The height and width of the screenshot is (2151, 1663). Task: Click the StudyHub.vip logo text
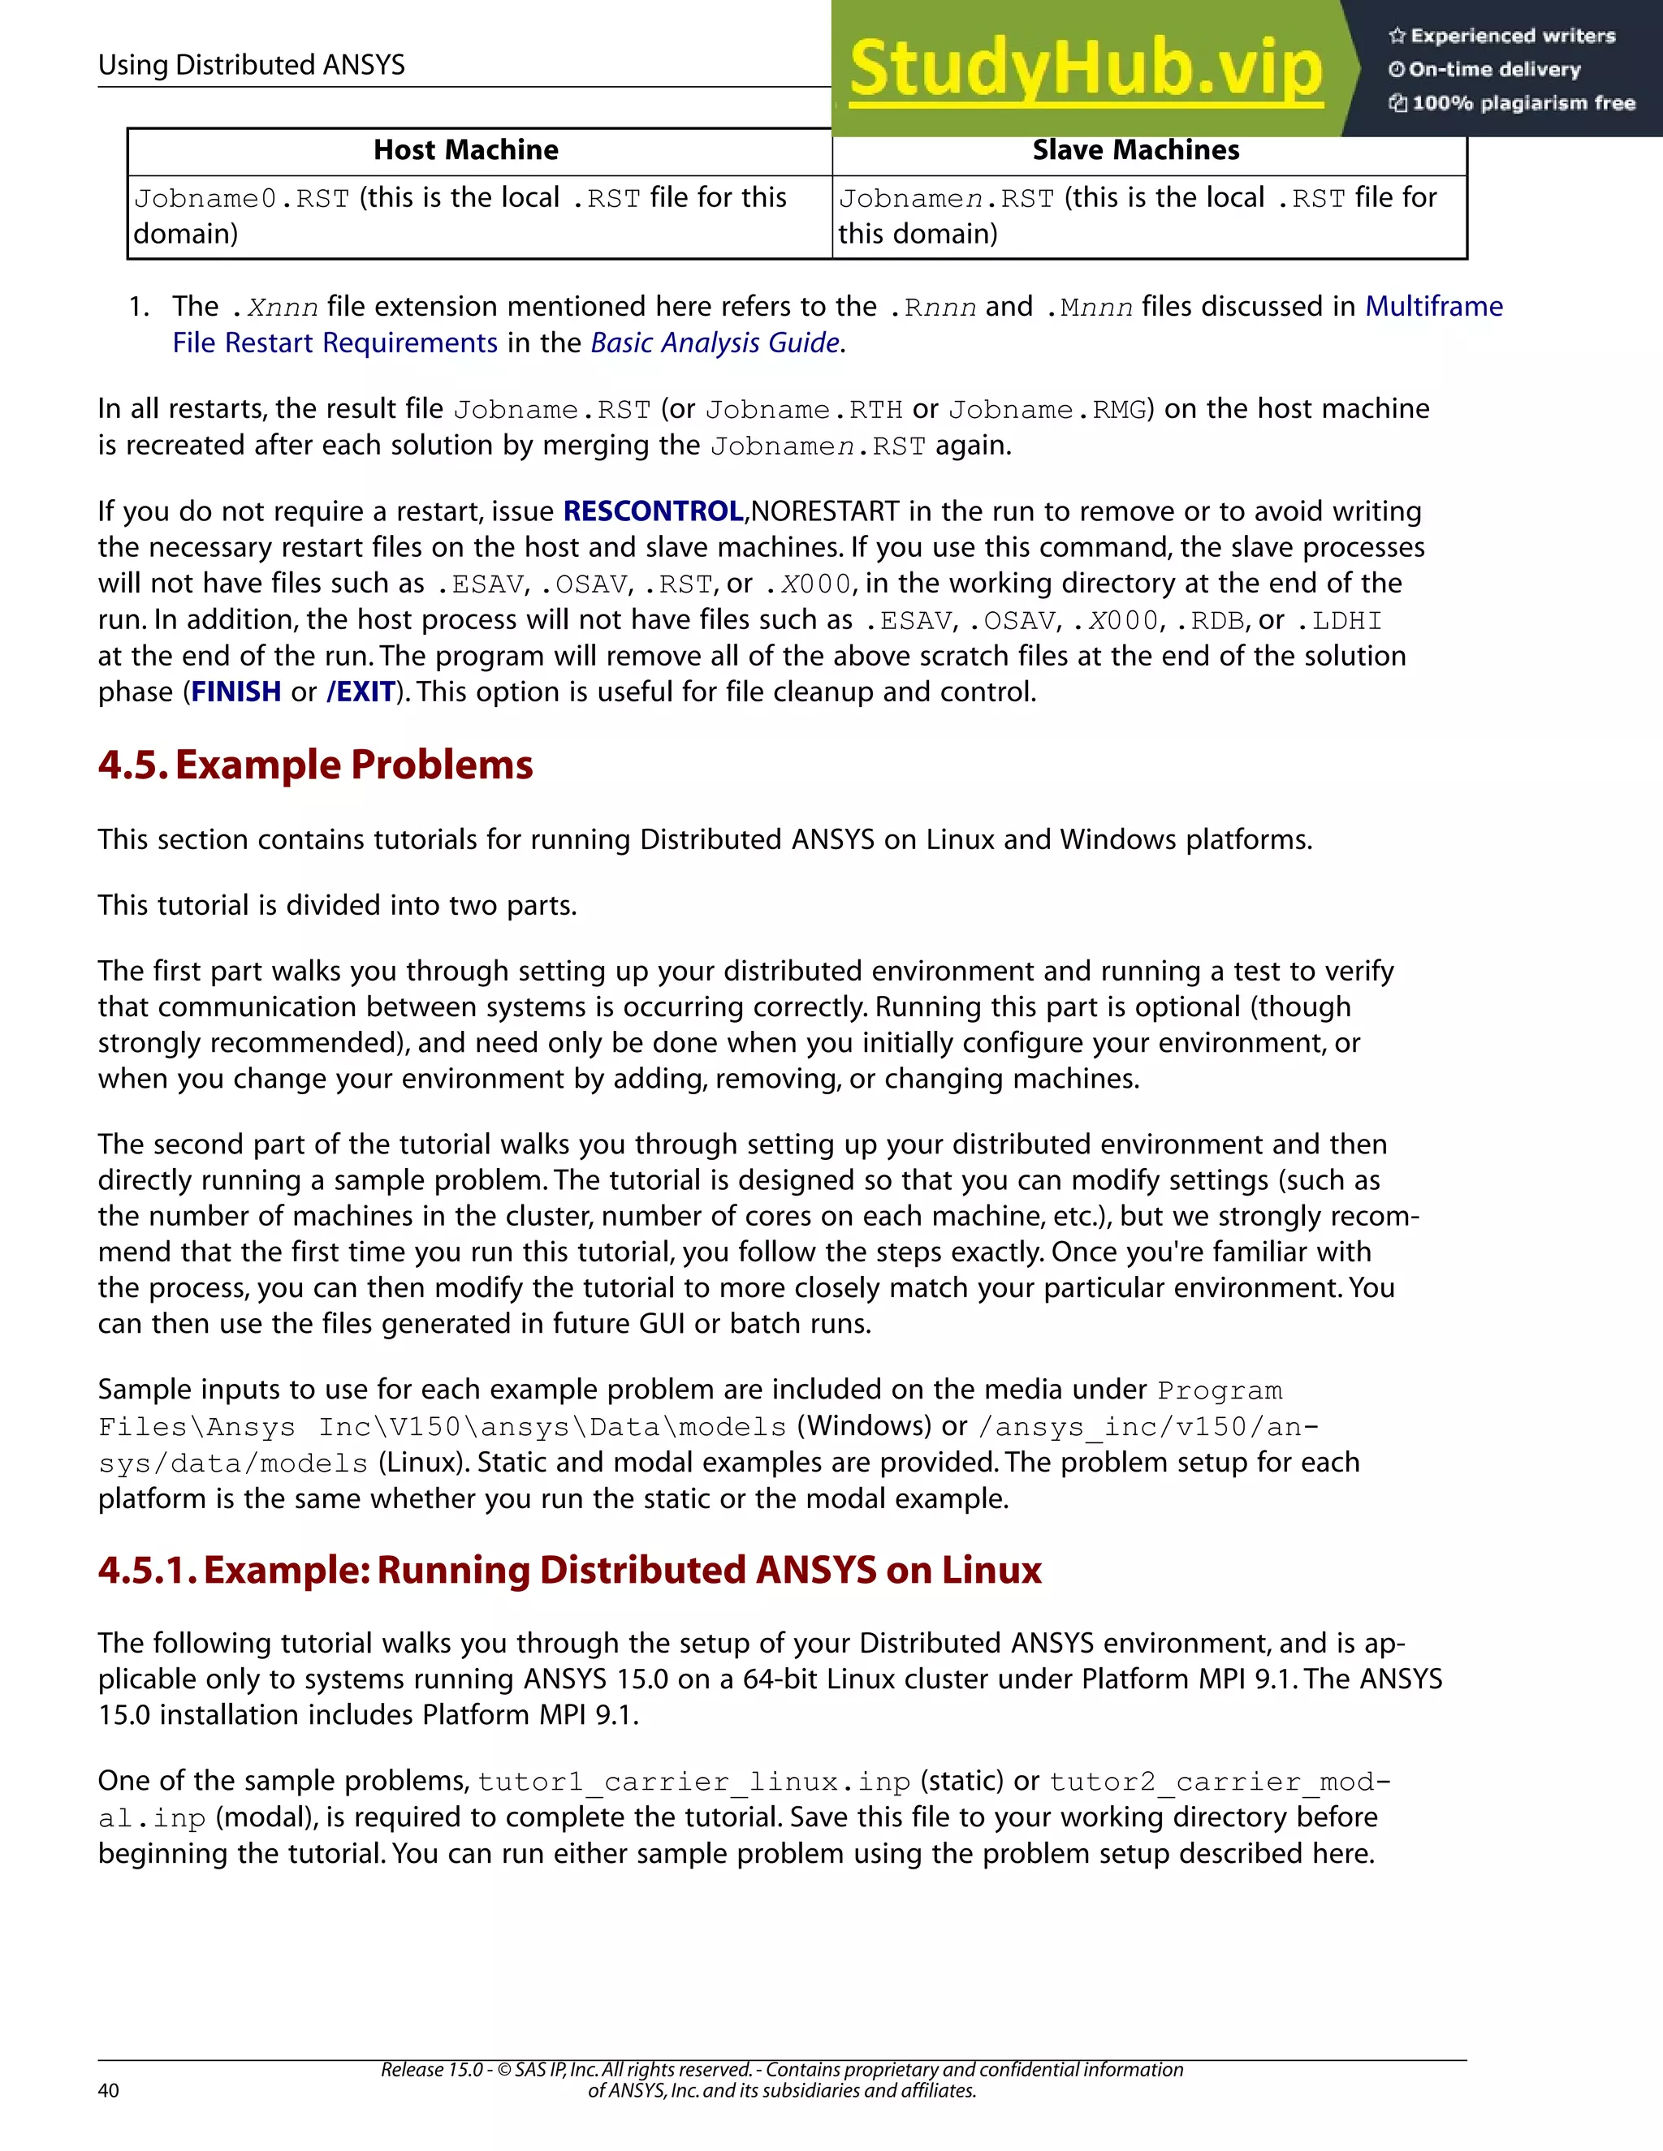tap(1085, 69)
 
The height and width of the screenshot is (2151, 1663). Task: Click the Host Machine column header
tap(465, 149)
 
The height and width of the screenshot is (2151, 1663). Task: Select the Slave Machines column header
tap(1135, 149)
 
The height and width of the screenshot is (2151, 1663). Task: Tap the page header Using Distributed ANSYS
tap(251, 65)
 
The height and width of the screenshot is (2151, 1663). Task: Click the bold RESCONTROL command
tap(652, 511)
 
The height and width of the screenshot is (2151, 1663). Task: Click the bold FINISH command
tap(235, 692)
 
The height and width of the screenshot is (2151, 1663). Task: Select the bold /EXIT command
tap(361, 692)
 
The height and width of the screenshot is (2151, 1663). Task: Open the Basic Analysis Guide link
tap(715, 343)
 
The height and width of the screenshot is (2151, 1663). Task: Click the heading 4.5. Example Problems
tap(315, 765)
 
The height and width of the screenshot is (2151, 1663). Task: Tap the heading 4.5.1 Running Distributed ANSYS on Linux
tap(569, 1570)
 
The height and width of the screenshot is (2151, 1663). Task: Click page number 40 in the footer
tap(108, 2090)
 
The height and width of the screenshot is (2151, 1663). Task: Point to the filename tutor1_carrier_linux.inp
tap(693, 1782)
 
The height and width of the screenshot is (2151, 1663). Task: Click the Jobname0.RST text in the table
tap(241, 199)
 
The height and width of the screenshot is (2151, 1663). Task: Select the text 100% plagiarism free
tap(1523, 103)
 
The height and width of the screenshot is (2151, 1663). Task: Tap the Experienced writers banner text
tap(1512, 37)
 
